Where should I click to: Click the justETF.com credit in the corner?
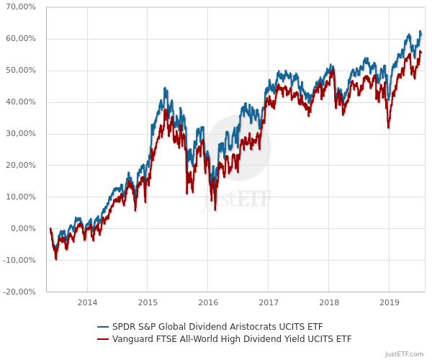pos(407,354)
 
